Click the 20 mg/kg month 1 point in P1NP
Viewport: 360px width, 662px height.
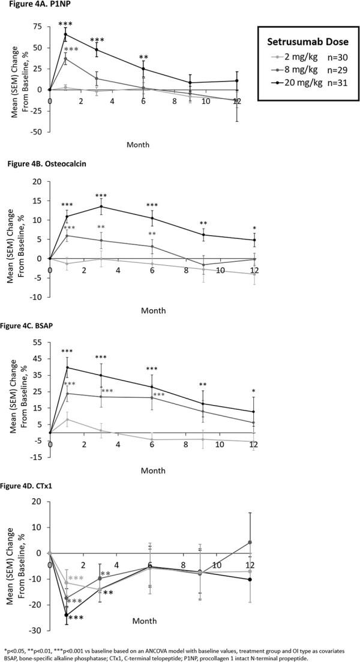(66, 34)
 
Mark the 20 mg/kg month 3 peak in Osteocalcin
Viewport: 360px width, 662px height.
(100, 206)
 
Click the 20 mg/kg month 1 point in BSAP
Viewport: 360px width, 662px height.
(66, 367)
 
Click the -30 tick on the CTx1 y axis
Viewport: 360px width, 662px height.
(38, 631)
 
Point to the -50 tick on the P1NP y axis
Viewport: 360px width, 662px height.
(38, 131)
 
